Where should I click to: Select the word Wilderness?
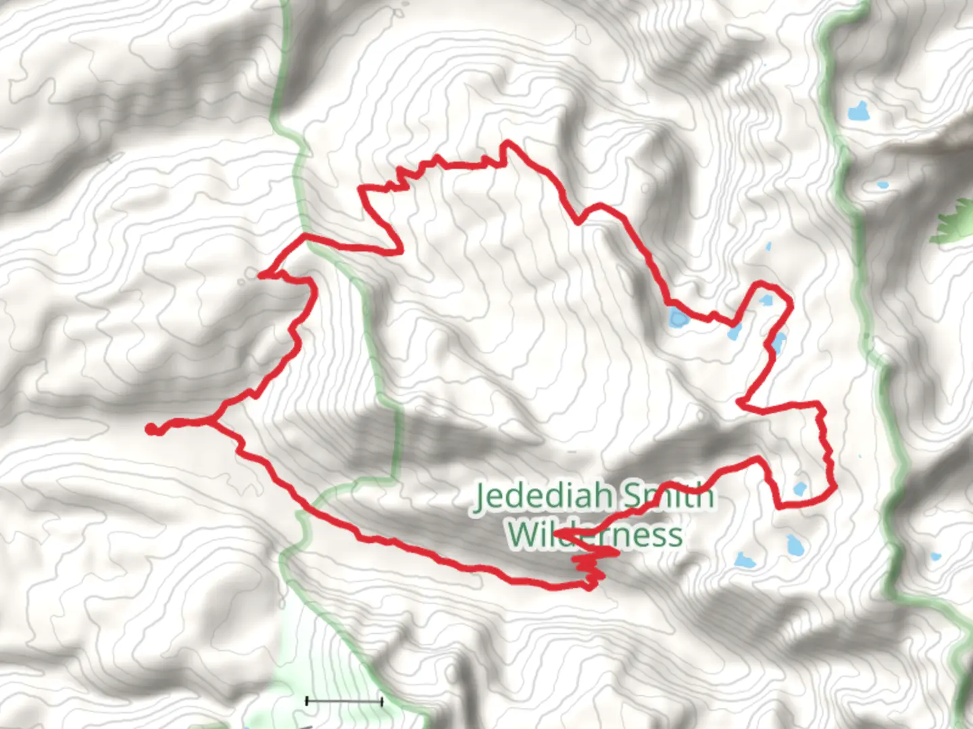(x=595, y=534)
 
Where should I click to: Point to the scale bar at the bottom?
(x=344, y=702)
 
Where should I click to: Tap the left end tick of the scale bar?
(x=307, y=702)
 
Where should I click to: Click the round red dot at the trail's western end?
(x=151, y=429)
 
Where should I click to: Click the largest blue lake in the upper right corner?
(x=858, y=111)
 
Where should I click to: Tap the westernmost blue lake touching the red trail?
(x=678, y=319)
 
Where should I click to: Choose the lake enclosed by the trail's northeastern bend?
(x=766, y=300)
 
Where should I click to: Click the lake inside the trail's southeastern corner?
(x=800, y=489)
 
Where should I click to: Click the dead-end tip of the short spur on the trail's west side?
(x=260, y=274)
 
